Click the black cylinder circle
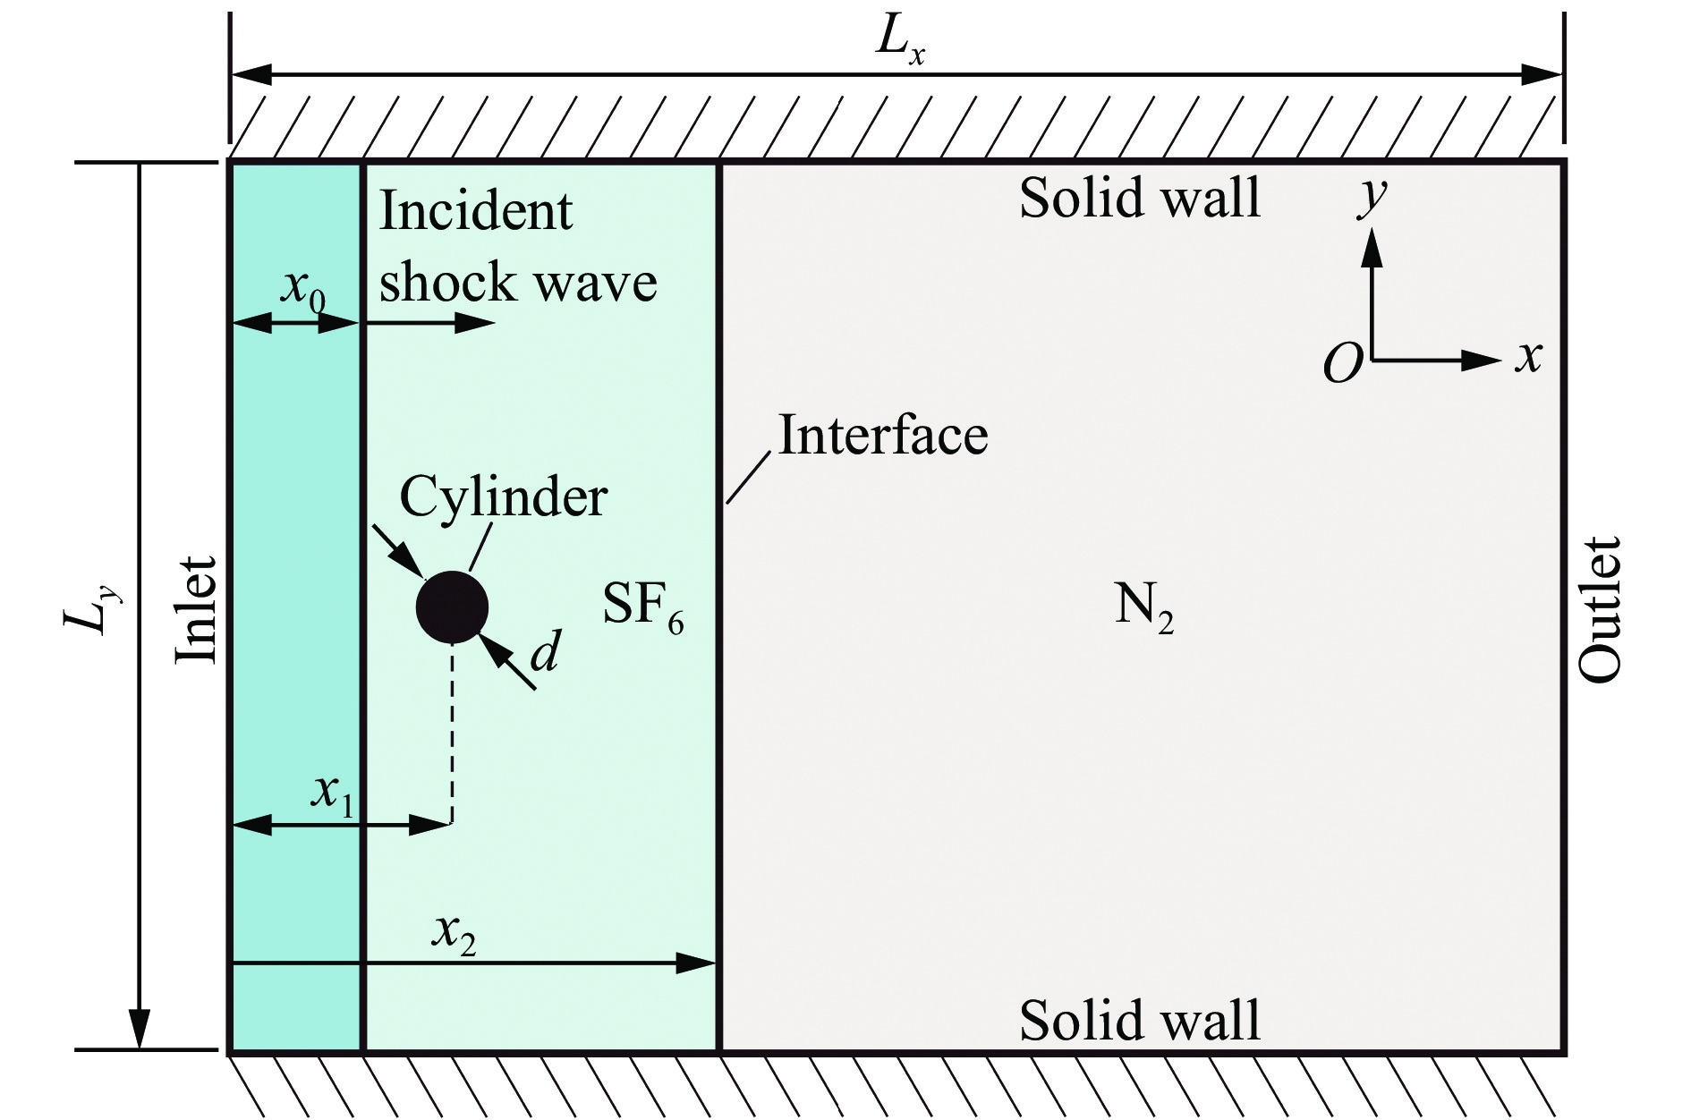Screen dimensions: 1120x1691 [452, 607]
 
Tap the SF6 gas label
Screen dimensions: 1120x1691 [642, 606]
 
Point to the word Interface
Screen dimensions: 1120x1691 [882, 436]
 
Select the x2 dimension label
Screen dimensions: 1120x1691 [454, 933]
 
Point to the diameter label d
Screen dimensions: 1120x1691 [545, 652]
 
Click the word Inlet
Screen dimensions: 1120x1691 [195, 609]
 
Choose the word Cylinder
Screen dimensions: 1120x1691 [503, 496]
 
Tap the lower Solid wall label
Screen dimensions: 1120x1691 [1139, 1020]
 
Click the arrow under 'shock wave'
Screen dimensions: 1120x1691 [429, 322]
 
